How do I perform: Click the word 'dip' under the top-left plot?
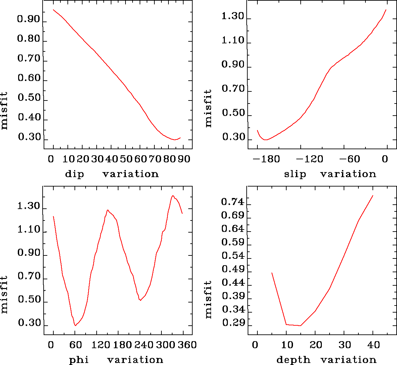click(74, 174)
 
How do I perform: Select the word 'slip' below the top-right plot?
click(295, 174)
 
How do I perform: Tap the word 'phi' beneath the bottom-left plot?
click(79, 360)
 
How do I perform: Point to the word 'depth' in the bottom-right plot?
click(293, 360)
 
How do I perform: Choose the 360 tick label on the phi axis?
click(185, 345)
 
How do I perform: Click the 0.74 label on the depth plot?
click(233, 202)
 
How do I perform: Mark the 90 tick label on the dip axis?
click(184, 159)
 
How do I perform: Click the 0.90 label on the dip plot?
click(29, 19)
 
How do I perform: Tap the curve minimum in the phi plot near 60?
click(76, 325)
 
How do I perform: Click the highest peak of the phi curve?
click(173, 196)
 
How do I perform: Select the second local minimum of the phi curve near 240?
click(140, 300)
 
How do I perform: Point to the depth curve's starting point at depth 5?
click(272, 273)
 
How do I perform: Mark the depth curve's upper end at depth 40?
click(373, 195)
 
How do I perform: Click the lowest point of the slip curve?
click(265, 139)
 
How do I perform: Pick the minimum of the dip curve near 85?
click(175, 139)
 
